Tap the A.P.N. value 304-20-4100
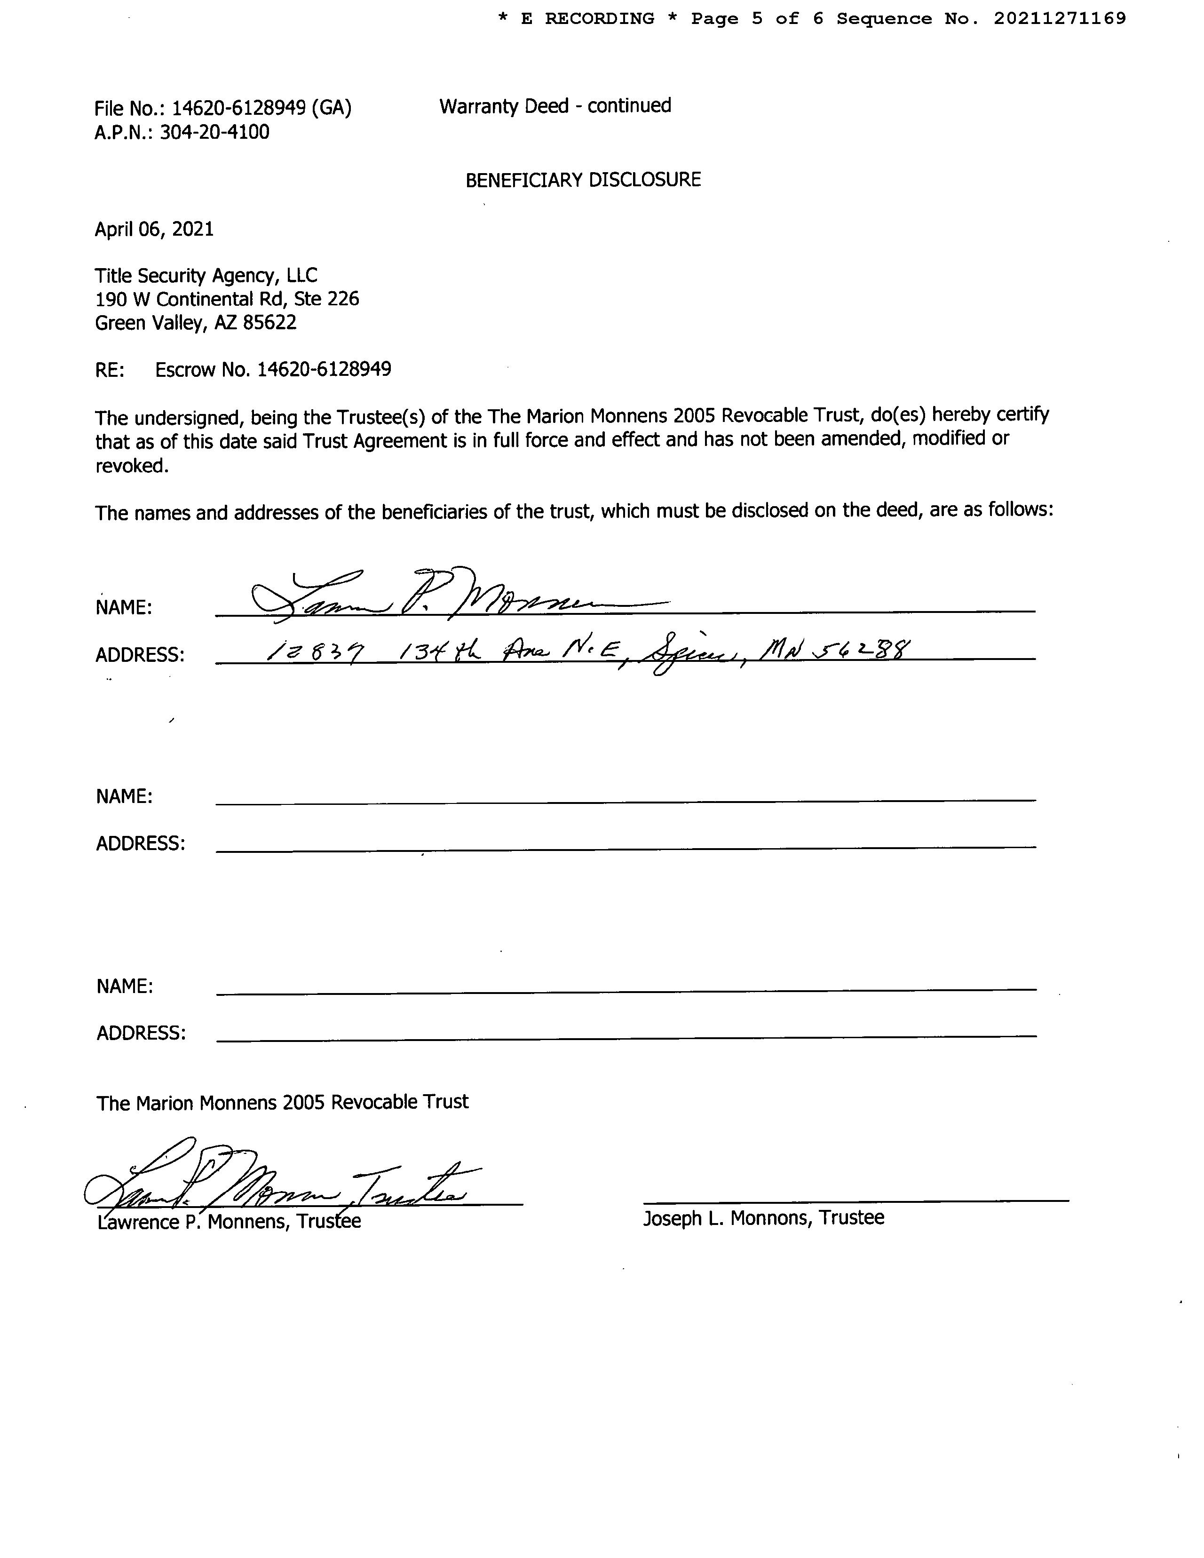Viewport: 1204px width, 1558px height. tap(214, 133)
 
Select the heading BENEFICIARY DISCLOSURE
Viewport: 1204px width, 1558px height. tap(583, 180)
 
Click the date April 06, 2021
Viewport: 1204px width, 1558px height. tap(154, 229)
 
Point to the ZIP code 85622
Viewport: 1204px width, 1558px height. tap(269, 323)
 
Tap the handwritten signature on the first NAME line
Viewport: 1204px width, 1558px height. tap(457, 594)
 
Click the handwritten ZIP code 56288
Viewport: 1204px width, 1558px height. tap(870, 649)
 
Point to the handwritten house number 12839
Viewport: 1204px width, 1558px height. tap(315, 651)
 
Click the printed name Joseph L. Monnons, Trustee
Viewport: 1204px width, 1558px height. tap(763, 1218)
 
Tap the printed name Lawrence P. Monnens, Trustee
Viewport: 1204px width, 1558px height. tap(229, 1222)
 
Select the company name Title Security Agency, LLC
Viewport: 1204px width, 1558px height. tap(206, 275)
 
